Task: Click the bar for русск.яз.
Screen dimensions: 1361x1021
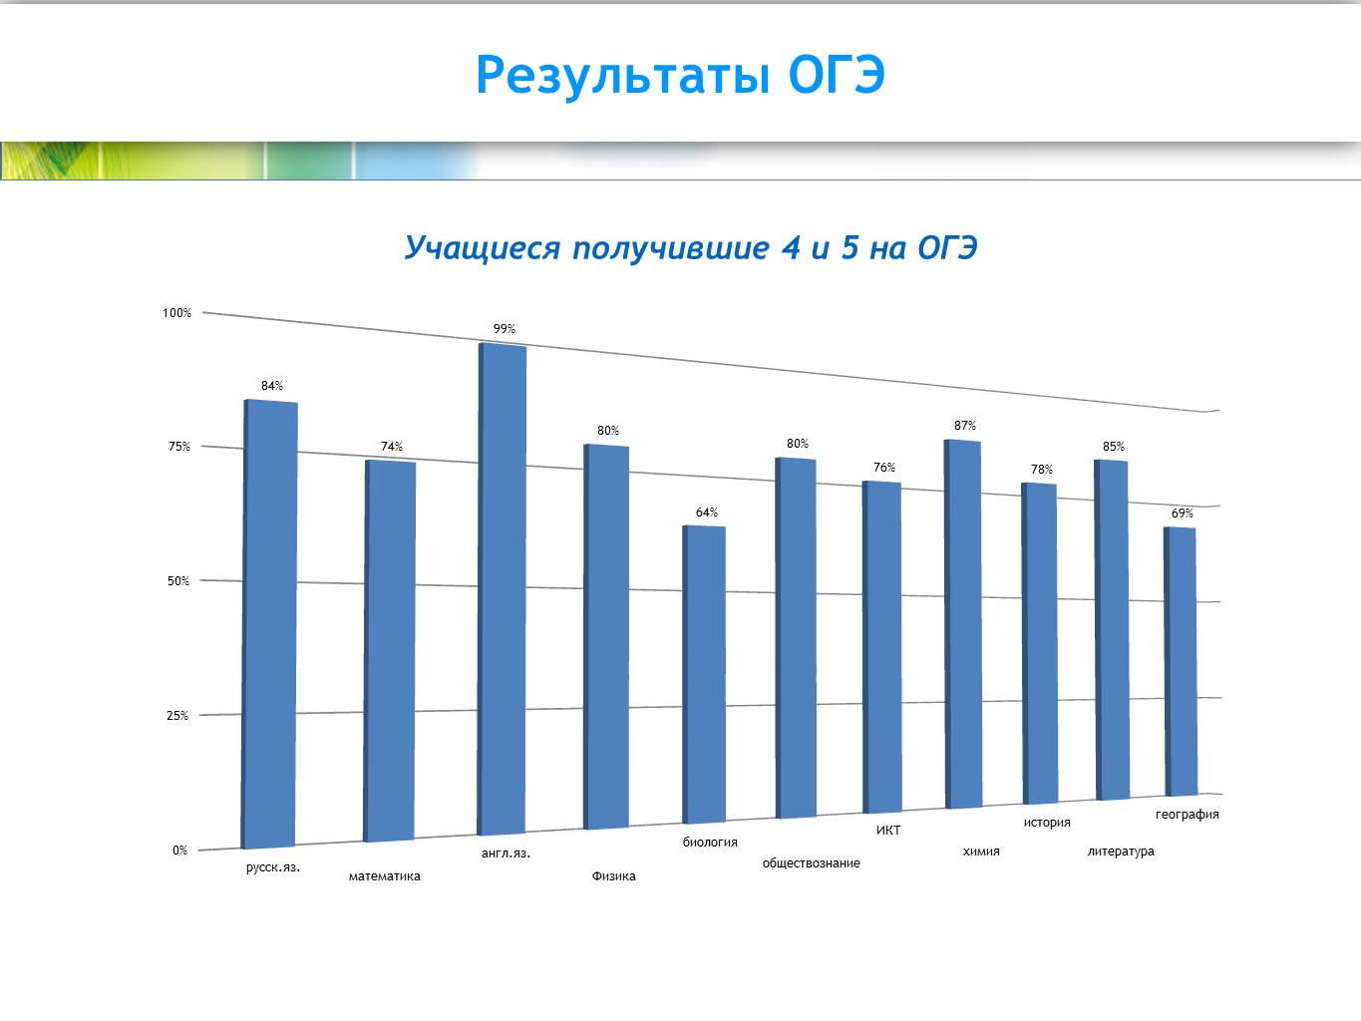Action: tap(269, 623)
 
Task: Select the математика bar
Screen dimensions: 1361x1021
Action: tap(390, 651)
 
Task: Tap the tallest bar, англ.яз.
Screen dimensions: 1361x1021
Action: tap(502, 589)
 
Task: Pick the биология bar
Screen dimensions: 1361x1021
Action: tap(704, 674)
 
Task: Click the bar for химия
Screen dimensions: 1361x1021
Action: tap(963, 623)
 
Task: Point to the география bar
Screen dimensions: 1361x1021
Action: tap(1181, 661)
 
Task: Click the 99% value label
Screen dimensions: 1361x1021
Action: tap(505, 329)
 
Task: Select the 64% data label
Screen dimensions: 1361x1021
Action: tap(706, 512)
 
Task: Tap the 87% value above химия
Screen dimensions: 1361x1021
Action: tap(965, 426)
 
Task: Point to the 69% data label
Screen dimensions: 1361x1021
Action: tap(1182, 512)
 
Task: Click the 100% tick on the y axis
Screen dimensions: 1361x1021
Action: tap(176, 313)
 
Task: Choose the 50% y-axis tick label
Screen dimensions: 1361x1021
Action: tap(178, 581)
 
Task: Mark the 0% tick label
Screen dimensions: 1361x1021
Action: tap(179, 850)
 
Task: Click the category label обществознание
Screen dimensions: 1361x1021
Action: tap(811, 862)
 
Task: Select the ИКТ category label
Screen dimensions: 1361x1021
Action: tap(888, 831)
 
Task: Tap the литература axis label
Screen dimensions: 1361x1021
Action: tap(1121, 851)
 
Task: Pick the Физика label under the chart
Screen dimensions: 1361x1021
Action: tap(614, 876)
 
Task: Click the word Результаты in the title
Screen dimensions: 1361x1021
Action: tap(623, 76)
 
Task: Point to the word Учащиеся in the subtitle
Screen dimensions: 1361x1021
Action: tap(483, 248)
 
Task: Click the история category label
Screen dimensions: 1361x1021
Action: tap(1047, 823)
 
